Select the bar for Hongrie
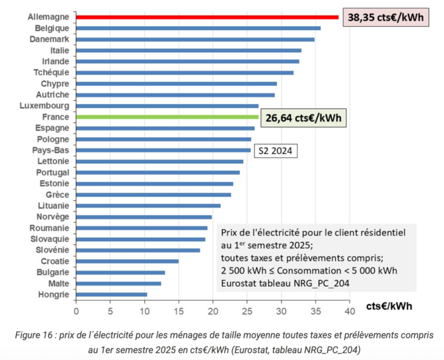coord(112,294)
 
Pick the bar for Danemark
coord(195,40)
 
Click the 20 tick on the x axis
coord(213,311)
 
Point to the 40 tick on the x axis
coord(349,311)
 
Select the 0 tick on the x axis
coord(76,311)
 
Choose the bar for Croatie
coord(127,261)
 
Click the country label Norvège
coord(54,217)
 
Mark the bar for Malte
coord(118,283)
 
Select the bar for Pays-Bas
coord(163,150)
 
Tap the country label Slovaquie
coord(50,239)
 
